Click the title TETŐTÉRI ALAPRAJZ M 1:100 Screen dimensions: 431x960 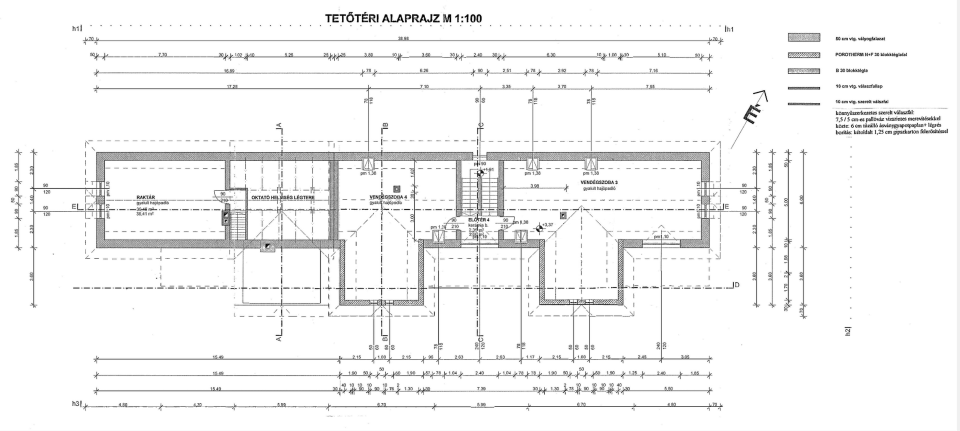(403, 19)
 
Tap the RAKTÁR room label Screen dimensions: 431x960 (149, 197)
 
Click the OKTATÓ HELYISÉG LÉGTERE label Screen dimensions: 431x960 (282, 197)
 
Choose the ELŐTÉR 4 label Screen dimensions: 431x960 (479, 219)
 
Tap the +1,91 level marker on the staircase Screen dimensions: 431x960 (480, 173)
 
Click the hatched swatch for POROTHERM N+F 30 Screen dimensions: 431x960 (804, 55)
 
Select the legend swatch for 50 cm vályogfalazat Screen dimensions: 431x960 (804, 37)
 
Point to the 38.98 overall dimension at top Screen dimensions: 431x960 (403, 38)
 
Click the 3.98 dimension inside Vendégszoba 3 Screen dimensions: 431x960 (534, 186)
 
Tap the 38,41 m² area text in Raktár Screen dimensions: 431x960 (145, 213)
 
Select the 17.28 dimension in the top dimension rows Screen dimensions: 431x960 (232, 86)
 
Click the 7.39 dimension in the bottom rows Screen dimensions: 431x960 (481, 388)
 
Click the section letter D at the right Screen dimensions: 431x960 (736, 285)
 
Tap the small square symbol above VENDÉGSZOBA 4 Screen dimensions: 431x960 (396, 189)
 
